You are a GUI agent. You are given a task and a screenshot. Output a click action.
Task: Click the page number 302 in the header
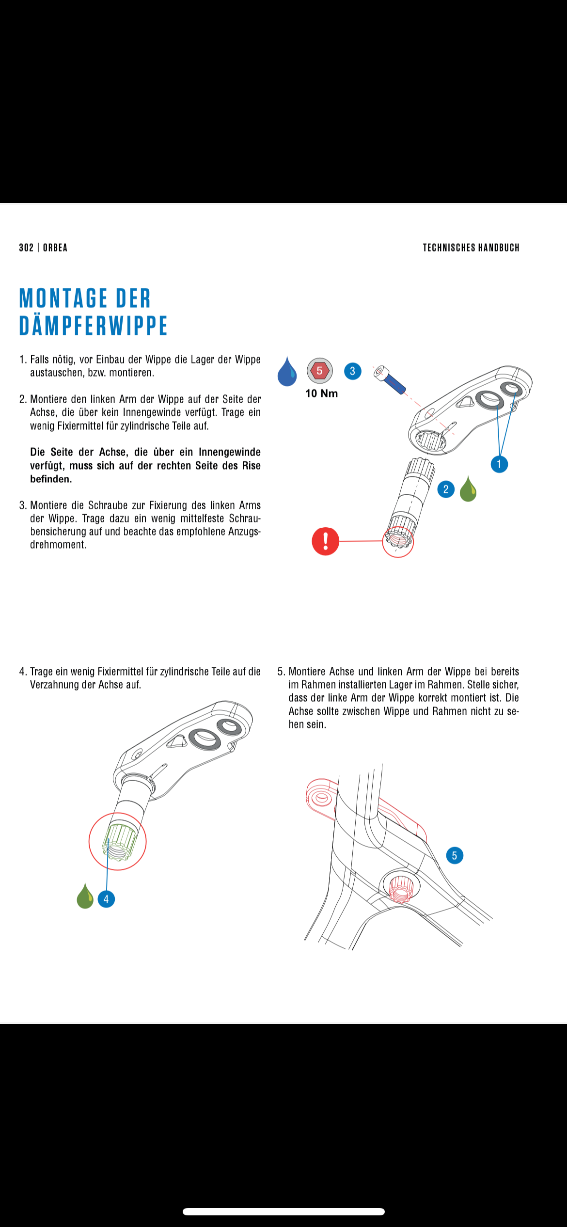26,248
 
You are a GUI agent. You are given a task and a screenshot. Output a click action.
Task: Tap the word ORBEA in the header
55,248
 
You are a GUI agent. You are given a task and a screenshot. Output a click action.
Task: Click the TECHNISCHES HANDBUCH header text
471,248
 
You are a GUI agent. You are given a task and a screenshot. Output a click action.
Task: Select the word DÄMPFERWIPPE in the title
93,325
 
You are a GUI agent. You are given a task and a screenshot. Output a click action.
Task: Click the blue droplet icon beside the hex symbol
287,372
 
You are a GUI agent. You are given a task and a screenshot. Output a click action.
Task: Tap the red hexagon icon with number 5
319,371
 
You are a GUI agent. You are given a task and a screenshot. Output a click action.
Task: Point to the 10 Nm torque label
321,393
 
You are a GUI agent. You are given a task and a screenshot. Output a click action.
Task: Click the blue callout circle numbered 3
352,371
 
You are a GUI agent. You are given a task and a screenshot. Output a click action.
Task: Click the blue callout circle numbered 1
499,464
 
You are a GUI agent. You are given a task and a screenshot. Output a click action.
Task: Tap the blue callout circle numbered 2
446,489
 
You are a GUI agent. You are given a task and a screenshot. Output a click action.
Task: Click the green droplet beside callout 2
468,489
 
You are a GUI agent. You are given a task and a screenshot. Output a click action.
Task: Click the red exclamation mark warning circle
325,541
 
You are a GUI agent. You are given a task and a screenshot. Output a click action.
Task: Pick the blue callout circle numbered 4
106,899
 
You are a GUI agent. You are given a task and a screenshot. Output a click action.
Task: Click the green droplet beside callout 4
85,897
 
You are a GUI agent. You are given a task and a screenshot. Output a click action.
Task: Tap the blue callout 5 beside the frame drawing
454,855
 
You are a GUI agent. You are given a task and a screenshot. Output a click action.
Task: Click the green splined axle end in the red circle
118,842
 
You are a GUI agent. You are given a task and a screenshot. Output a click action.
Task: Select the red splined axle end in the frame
400,888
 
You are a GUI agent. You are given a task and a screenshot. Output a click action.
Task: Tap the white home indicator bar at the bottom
283,1211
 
